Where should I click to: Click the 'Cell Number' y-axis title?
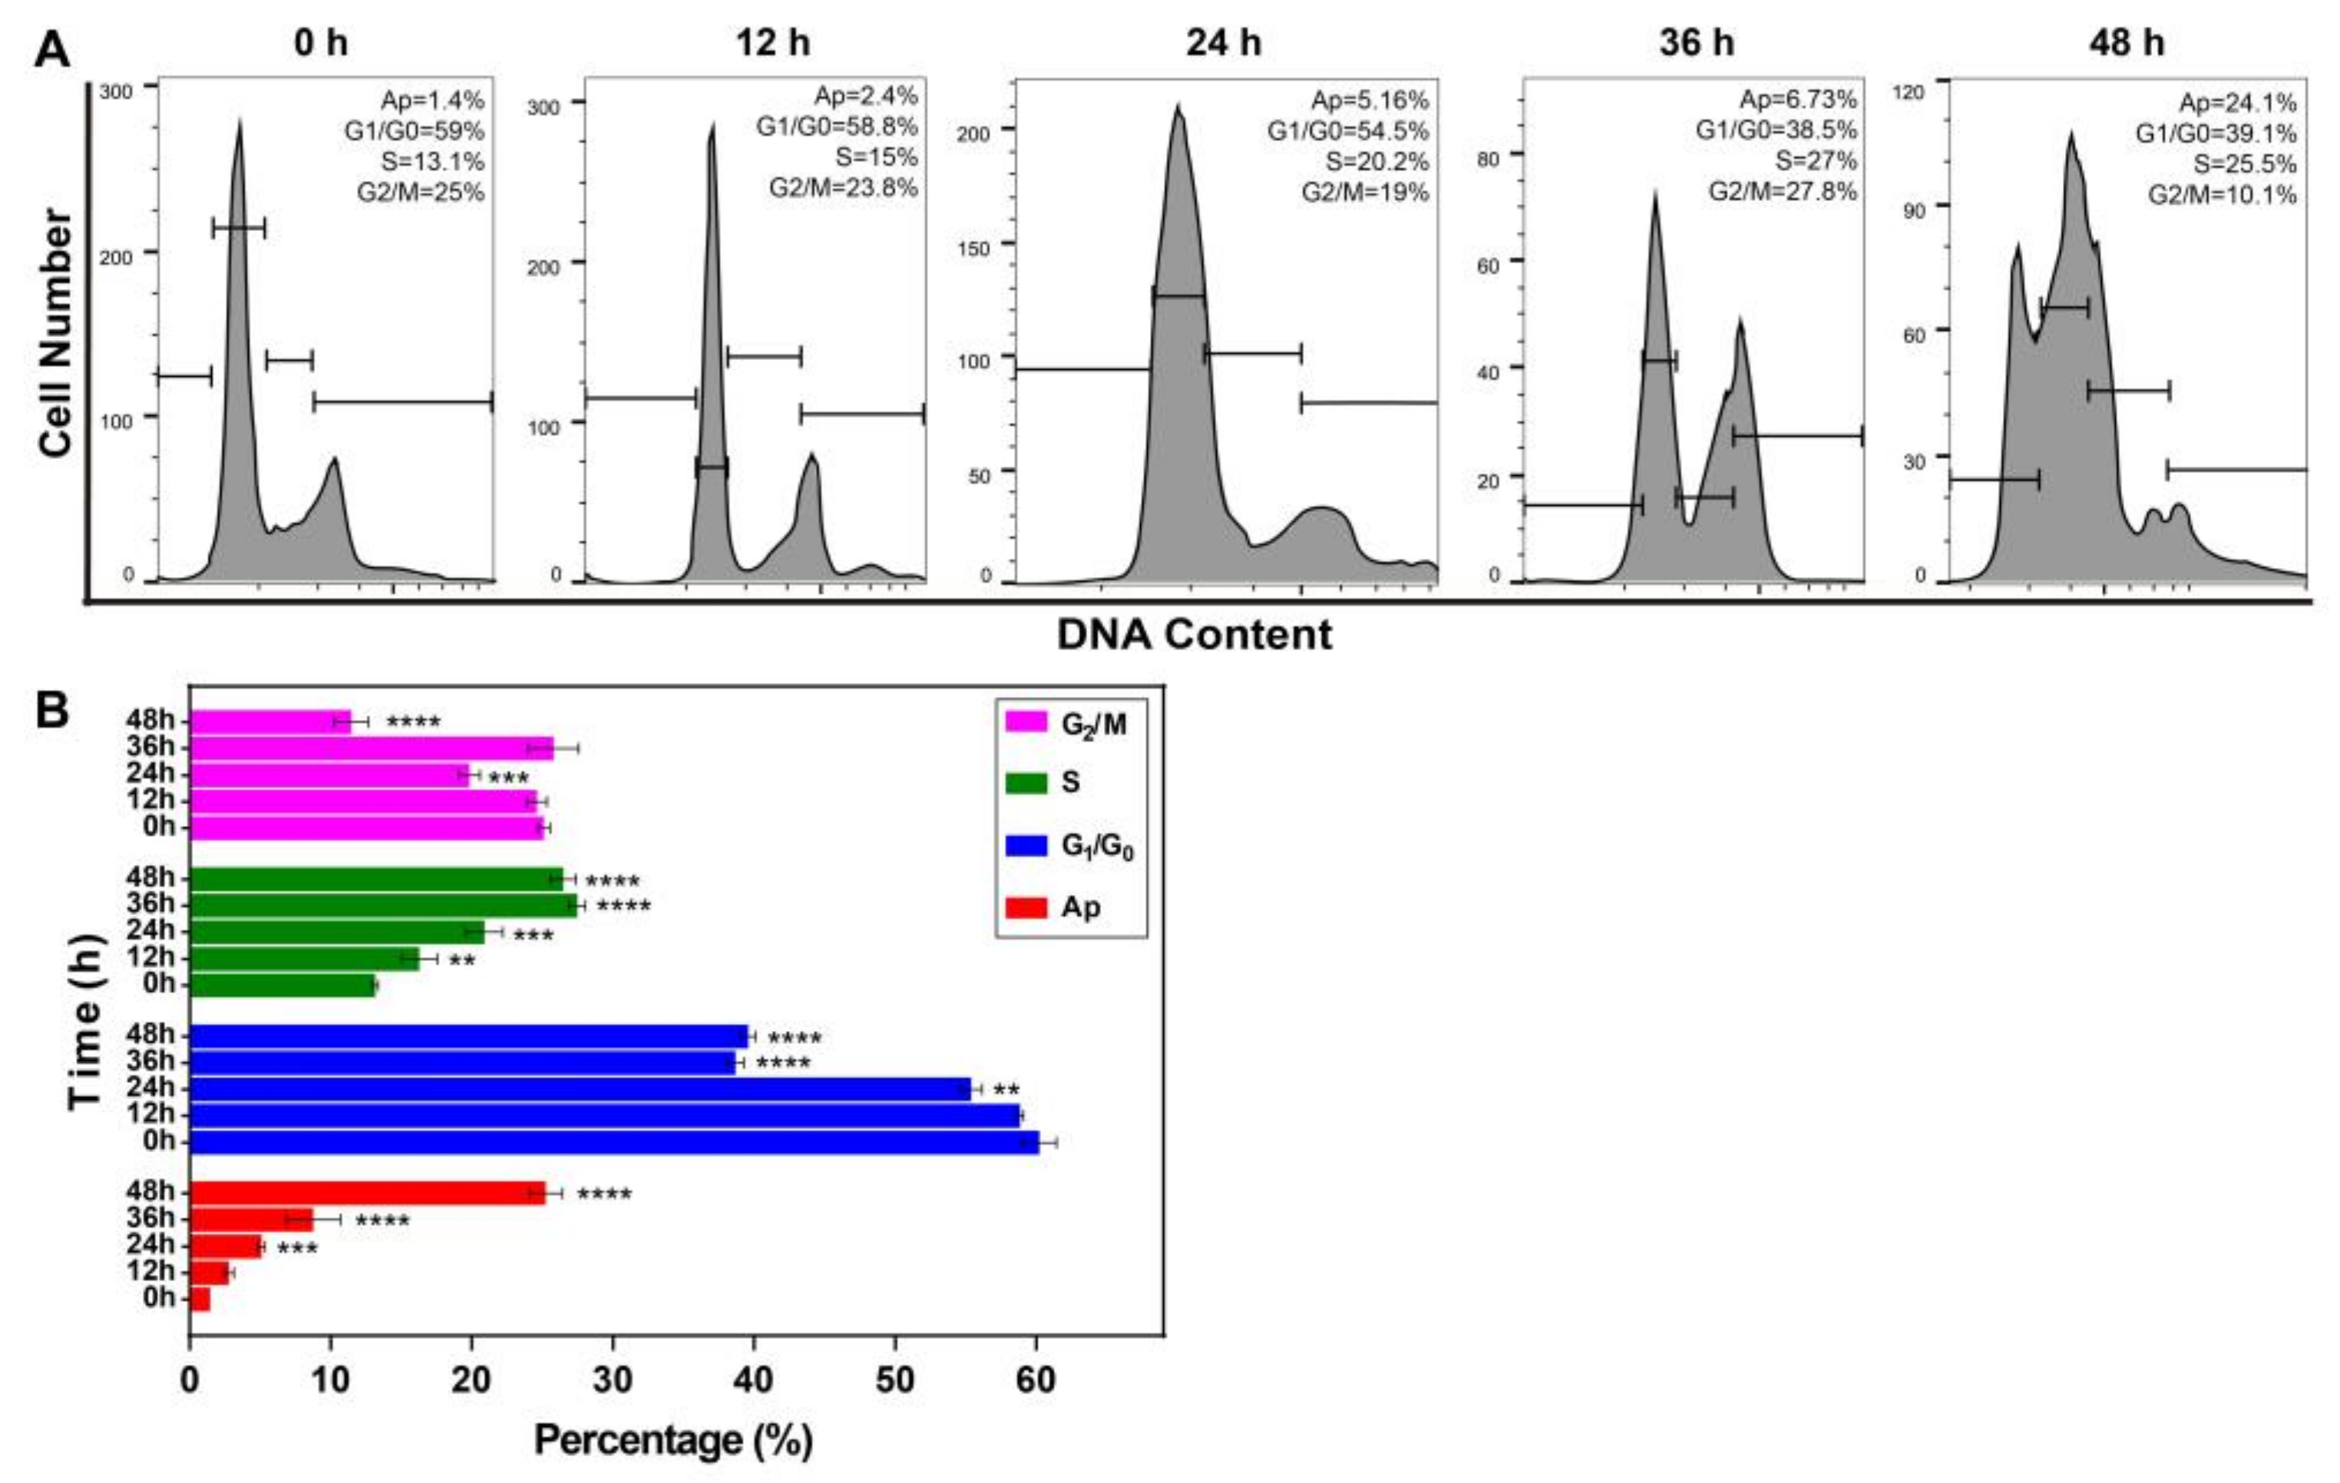click(56, 332)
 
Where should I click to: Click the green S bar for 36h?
click(383, 906)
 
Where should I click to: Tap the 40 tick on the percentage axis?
click(753, 1380)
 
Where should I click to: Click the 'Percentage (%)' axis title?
click(673, 1440)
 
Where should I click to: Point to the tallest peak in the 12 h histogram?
click(712, 131)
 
